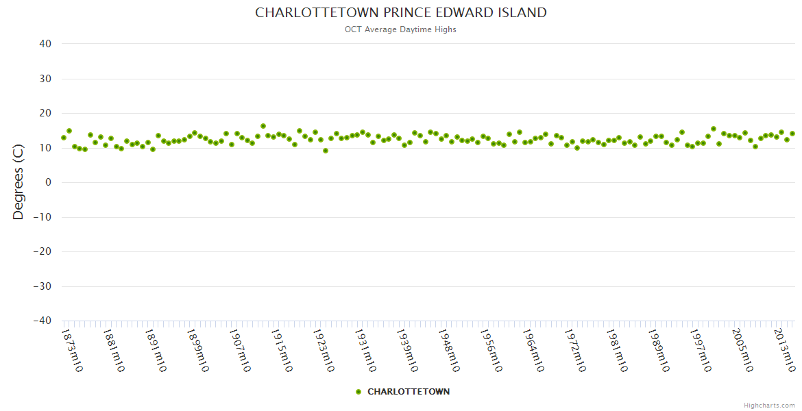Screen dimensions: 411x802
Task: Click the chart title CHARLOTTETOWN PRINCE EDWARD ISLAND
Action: [401, 13]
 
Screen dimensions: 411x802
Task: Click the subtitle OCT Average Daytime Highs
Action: [401, 29]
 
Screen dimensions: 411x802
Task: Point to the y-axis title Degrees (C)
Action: [19, 182]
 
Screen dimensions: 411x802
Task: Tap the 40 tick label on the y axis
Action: [45, 44]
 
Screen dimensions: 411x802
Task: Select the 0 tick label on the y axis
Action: [49, 182]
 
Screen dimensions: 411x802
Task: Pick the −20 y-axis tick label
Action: [42, 251]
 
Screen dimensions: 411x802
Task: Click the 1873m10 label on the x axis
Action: [73, 350]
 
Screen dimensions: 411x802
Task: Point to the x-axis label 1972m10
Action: [574, 350]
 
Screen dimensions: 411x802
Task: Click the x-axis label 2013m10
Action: [784, 350]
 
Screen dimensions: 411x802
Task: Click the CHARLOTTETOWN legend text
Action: [409, 392]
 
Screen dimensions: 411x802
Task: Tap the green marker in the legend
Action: [359, 392]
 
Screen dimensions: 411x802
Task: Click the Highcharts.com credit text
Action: [769, 405]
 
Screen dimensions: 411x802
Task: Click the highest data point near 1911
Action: [263, 126]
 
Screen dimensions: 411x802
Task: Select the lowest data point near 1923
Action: [326, 151]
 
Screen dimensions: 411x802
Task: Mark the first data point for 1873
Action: [64, 138]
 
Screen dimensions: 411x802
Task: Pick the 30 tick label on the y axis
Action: [45, 79]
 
